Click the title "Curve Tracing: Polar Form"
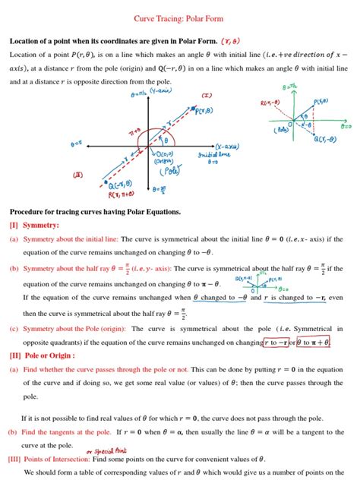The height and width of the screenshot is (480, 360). coord(180,17)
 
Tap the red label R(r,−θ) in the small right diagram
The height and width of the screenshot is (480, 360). coord(270,103)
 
